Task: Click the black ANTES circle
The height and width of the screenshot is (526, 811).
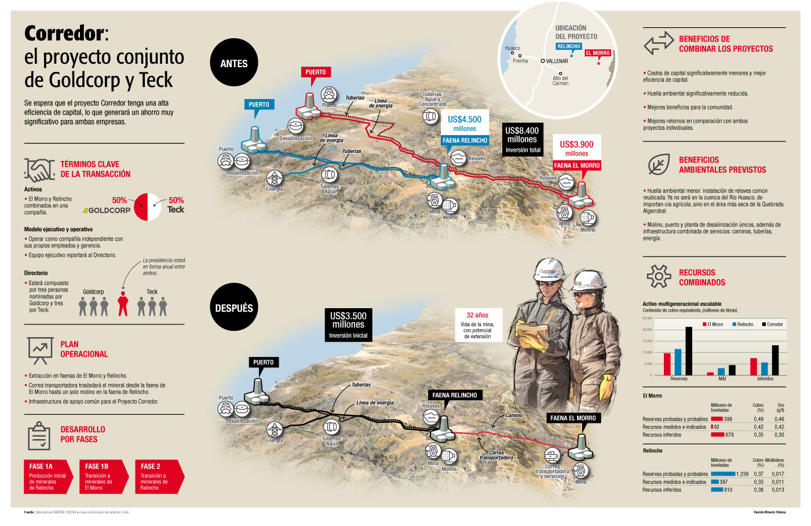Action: [233, 63]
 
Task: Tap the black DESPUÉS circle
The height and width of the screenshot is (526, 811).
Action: [233, 308]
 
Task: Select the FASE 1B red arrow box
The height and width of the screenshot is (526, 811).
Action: [102, 477]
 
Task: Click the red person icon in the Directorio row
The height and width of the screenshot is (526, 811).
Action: [122, 304]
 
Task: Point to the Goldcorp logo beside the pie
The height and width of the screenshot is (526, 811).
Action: [107, 210]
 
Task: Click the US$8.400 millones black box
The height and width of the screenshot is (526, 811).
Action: [523, 140]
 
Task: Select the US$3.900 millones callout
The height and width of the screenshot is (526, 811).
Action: [576, 148]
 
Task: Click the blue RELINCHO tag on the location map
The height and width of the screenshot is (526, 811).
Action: [568, 46]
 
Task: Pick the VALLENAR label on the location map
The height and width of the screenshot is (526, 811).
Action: [556, 61]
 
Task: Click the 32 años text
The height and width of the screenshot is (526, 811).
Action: [477, 315]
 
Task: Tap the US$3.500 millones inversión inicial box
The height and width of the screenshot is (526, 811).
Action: [348, 324]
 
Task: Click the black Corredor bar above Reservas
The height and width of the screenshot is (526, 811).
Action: [689, 351]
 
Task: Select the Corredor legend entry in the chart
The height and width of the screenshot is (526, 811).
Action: [772, 324]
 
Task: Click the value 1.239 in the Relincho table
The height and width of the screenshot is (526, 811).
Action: [742, 474]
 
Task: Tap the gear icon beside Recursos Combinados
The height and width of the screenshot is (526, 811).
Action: [659, 276]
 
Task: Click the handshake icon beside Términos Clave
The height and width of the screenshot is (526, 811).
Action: [39, 170]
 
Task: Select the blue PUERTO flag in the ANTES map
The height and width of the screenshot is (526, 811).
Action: [258, 105]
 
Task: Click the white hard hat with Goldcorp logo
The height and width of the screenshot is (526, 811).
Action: [547, 271]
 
